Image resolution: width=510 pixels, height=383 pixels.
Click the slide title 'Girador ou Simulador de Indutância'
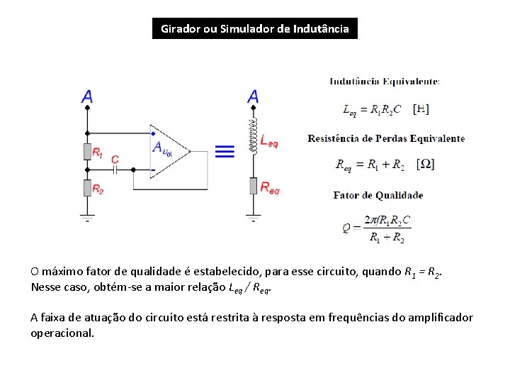click(x=255, y=29)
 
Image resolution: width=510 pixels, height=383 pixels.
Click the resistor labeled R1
click(x=87, y=151)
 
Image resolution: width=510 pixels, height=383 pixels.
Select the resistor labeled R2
click(x=87, y=187)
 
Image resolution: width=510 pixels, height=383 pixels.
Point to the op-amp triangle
click(x=169, y=150)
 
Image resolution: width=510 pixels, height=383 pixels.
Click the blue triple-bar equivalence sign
click(x=225, y=150)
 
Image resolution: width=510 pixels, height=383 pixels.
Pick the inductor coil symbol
click(x=253, y=135)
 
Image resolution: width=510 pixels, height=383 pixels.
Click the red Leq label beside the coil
click(x=269, y=142)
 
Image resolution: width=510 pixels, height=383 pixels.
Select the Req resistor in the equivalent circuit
click(x=253, y=187)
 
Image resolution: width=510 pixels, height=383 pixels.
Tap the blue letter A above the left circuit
click(x=86, y=97)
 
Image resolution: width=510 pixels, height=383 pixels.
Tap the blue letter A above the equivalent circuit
click(x=253, y=97)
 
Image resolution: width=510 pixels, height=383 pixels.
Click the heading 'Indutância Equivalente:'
click(x=385, y=82)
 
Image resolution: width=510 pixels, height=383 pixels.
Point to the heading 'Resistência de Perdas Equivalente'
click(x=386, y=138)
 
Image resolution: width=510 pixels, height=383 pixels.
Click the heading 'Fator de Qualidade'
click(x=378, y=195)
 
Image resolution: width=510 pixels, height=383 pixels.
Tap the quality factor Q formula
click(x=376, y=228)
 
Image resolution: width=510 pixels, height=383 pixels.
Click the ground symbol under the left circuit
click(x=87, y=216)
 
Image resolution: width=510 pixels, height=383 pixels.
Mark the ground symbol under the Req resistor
click(x=253, y=216)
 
